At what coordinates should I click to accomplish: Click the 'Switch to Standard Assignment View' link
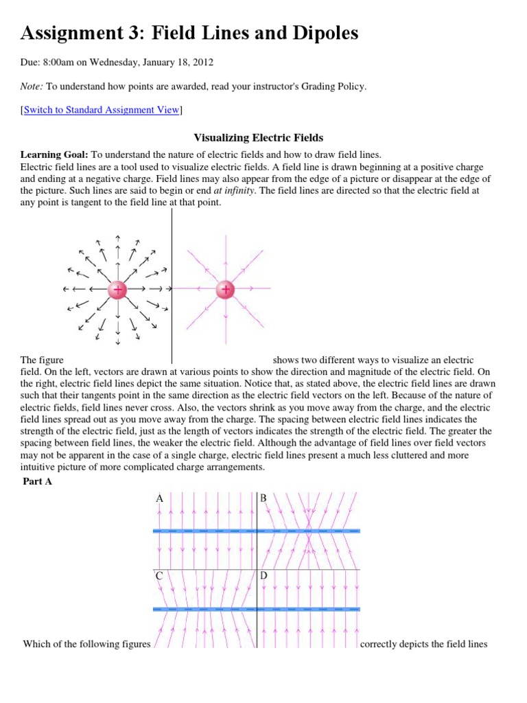(x=102, y=110)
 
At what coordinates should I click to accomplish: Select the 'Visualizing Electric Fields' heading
(x=259, y=137)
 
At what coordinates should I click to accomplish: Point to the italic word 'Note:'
(x=32, y=86)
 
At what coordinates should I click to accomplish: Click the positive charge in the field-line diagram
(x=225, y=290)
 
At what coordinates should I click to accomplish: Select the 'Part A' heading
(x=38, y=481)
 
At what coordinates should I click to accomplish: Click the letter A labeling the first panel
(x=160, y=498)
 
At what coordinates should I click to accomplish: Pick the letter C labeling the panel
(x=160, y=576)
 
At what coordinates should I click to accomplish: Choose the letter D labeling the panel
(x=263, y=576)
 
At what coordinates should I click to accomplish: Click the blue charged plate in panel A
(x=203, y=531)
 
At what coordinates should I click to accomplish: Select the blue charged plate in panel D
(x=309, y=609)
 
